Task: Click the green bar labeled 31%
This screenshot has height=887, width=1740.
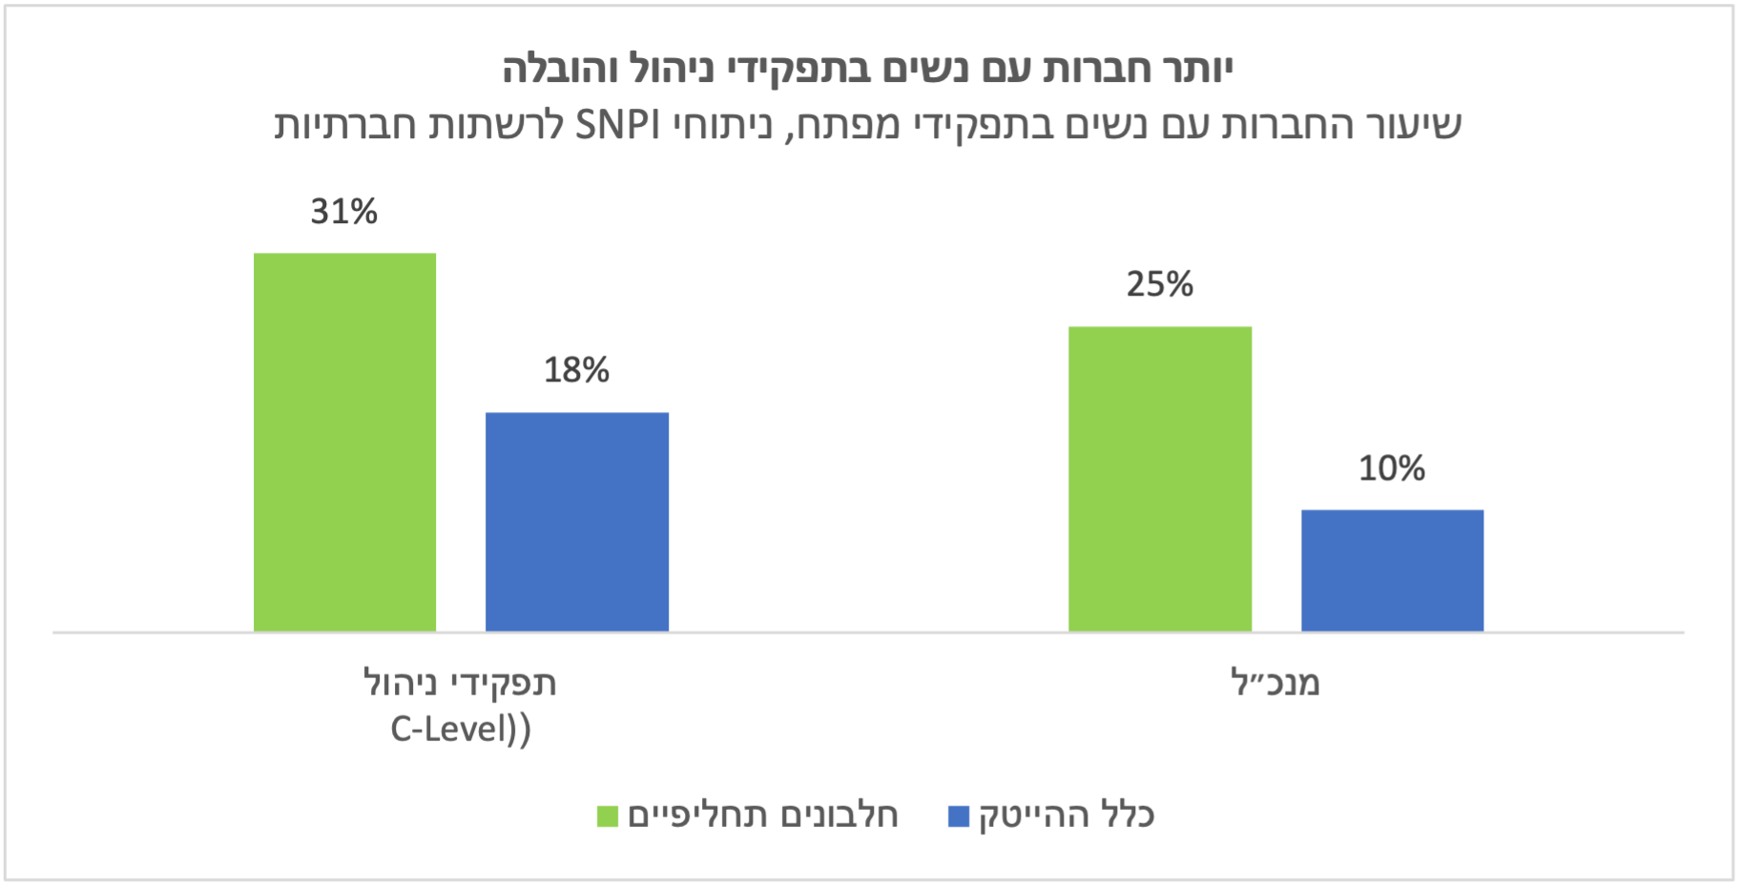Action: [x=344, y=442]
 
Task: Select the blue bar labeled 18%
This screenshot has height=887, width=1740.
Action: [x=577, y=522]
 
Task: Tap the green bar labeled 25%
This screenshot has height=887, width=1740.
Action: [x=1160, y=479]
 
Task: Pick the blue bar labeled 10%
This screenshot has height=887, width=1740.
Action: [x=1392, y=570]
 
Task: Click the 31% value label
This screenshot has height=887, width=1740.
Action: [x=344, y=211]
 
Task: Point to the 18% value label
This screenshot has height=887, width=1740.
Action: [x=576, y=370]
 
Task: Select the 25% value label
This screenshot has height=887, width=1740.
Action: [x=1160, y=284]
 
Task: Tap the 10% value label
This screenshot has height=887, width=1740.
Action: [x=1392, y=468]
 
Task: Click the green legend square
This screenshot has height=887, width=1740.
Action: [x=608, y=816]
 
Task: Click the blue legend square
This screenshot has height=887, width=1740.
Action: [x=959, y=816]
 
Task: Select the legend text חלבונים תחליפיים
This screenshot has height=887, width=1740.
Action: [x=763, y=815]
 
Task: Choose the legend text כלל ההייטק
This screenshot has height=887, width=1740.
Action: [x=1067, y=815]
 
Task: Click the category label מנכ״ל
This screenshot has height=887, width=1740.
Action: [x=1275, y=683]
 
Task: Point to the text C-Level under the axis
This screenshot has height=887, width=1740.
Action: [x=448, y=730]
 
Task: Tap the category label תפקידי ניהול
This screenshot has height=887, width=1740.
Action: [x=460, y=683]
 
